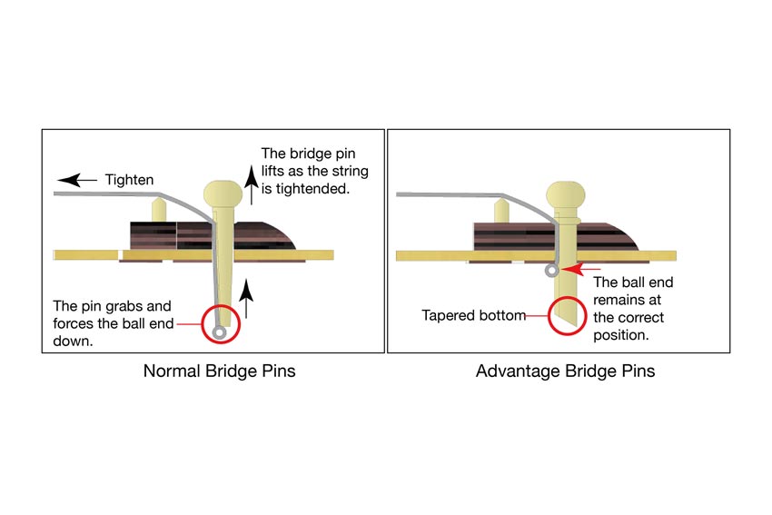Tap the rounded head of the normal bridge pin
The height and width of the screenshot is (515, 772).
click(224, 192)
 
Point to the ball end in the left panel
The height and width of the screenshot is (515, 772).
click(219, 332)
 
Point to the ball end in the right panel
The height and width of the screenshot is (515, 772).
click(551, 271)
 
